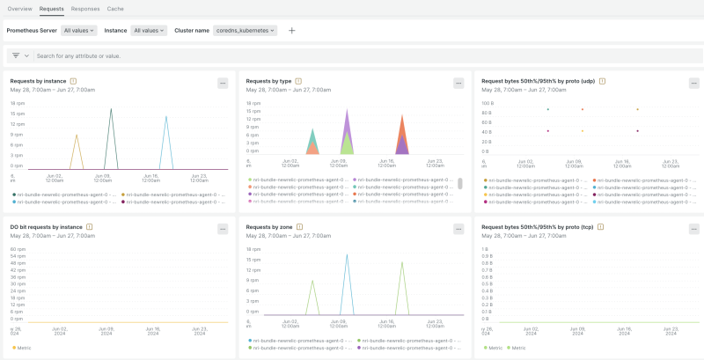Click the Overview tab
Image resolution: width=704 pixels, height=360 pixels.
pos(20,8)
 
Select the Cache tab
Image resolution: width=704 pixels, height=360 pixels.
pos(115,8)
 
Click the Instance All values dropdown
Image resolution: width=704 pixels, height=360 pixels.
pos(149,30)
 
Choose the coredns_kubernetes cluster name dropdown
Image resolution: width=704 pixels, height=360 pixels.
pos(246,30)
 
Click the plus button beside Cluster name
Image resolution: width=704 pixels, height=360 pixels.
pos(292,30)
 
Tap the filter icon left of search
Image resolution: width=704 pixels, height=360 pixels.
pos(16,55)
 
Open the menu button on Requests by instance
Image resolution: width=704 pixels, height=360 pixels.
pos(223,83)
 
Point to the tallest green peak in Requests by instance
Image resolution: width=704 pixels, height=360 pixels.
pos(111,110)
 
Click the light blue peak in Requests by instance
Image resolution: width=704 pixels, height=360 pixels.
pos(166,118)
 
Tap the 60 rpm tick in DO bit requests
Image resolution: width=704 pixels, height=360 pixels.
pos(17,249)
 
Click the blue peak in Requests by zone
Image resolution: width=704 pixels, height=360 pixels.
pos(347,257)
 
